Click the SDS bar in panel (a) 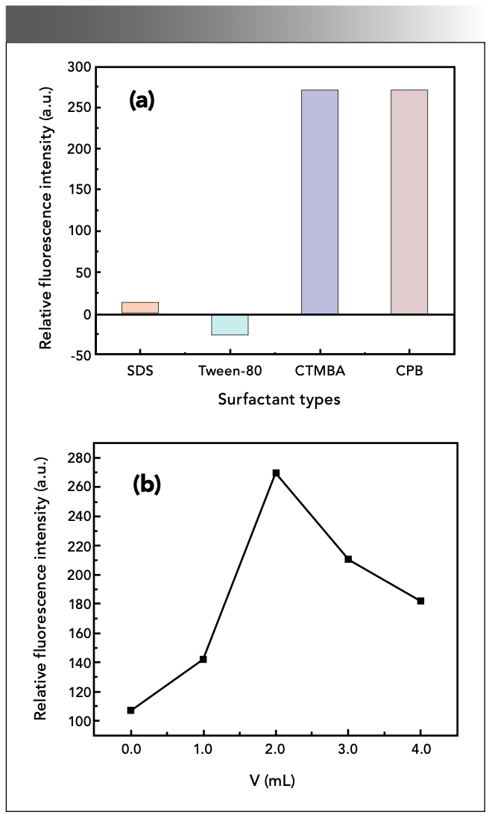click(x=140, y=308)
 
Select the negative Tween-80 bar click(x=230, y=325)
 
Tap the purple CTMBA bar click(x=320, y=202)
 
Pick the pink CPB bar click(x=409, y=202)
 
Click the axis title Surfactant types click(x=279, y=399)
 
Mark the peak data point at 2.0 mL click(x=276, y=473)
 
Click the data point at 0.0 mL click(x=130, y=711)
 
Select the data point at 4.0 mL click(x=421, y=601)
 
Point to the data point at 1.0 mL click(x=203, y=659)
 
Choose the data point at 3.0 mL click(x=348, y=559)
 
